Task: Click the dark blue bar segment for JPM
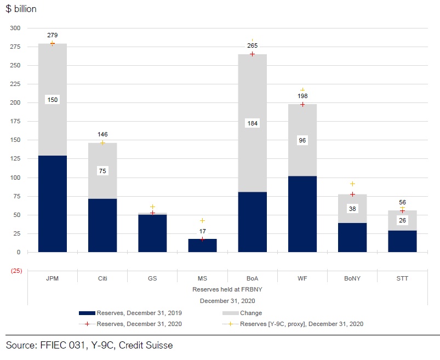pyautogui.click(x=52, y=204)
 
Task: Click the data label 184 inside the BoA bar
pyautogui.click(x=252, y=123)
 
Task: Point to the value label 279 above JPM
pyautogui.click(x=52, y=35)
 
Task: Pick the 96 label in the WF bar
pyautogui.click(x=302, y=141)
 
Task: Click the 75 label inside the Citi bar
pyautogui.click(x=102, y=171)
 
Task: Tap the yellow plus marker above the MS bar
pyautogui.click(x=202, y=220)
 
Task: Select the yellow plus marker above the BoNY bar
pyautogui.click(x=352, y=184)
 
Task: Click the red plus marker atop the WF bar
pyautogui.click(x=302, y=104)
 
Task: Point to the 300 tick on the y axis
pyautogui.click(x=15, y=28)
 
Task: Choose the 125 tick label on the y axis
pyautogui.click(x=15, y=159)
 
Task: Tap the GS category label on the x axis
pyautogui.click(x=152, y=278)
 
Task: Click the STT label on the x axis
pyautogui.click(x=402, y=278)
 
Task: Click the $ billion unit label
pyautogui.click(x=21, y=9)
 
